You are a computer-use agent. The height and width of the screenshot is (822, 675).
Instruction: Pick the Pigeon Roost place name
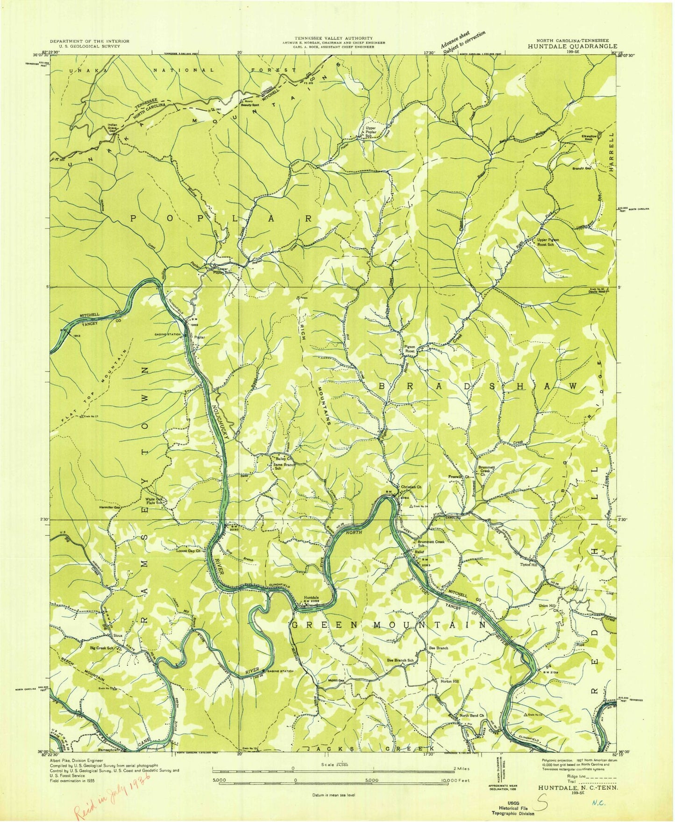click(x=410, y=350)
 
